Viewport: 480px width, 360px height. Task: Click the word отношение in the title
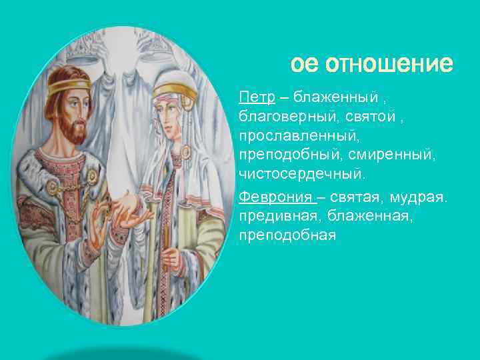(x=389, y=65)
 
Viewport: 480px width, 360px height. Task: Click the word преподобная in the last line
(x=287, y=235)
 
